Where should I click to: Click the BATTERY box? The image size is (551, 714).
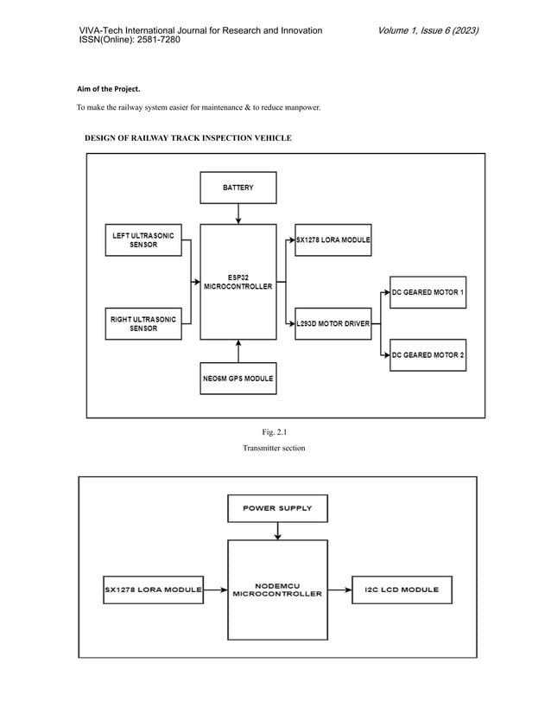coord(238,188)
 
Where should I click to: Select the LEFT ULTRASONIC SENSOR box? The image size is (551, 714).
coord(143,239)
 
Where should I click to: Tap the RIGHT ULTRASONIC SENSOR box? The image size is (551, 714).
coord(143,323)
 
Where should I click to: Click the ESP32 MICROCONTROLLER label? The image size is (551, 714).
coord(238,282)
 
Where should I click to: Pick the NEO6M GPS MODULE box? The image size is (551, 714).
coord(238,378)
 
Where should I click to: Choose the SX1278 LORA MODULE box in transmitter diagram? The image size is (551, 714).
coord(332,240)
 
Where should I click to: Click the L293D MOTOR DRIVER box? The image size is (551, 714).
coord(332,323)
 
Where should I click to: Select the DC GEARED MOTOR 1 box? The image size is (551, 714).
coord(427,292)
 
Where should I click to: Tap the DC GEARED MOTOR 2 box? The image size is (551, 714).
coord(427,354)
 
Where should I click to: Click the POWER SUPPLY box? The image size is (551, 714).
coord(277,508)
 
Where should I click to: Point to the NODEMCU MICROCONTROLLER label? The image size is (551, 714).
coord(277,590)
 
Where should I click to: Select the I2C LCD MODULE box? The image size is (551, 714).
coord(402,590)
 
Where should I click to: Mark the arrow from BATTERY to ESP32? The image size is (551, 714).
coord(238,214)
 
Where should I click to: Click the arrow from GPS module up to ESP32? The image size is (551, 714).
coord(238,350)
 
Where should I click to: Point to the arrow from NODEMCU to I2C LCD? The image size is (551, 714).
coord(339,590)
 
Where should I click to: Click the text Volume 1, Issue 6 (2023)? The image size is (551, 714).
coord(427,31)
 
